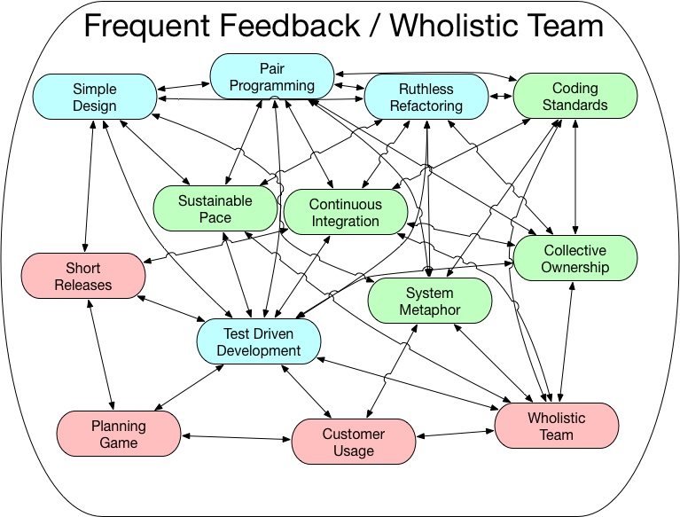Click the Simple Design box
pos(94,98)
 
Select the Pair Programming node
pos(272,77)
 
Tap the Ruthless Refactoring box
pos(426,98)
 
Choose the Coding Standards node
pos(574,97)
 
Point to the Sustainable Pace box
pos(215,208)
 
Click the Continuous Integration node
pos(345,213)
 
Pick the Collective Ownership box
pos(574,259)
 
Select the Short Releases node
pos(83,276)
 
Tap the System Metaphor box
pos(430,302)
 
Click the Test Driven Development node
pos(259,341)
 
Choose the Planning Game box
pos(119,434)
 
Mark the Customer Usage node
pos(354,442)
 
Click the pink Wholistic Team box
pos(557,426)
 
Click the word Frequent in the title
pos(146,27)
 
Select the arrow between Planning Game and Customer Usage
pos(237,436)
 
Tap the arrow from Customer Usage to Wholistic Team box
pos(456,434)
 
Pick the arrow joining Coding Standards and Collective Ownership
pos(577,176)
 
